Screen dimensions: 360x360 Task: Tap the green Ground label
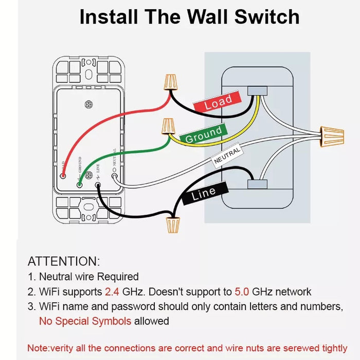coord(204,135)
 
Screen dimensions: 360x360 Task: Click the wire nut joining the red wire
coord(169,81)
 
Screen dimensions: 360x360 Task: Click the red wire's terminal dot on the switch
coord(62,176)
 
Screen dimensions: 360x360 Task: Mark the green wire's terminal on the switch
coord(80,183)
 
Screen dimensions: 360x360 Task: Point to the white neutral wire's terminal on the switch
coord(115,181)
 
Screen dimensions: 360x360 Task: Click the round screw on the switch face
coord(89,104)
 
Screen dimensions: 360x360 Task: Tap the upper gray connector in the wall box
coord(257,91)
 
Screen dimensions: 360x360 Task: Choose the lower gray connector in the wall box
coord(257,184)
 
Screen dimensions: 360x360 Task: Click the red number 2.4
coord(112,292)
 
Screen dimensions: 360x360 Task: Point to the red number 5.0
coord(242,292)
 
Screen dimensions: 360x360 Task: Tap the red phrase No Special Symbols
coord(85,321)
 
